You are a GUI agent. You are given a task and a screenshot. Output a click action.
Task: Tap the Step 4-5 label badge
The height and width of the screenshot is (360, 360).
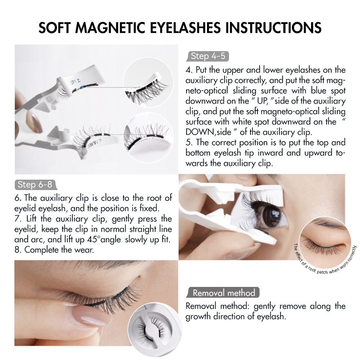point(207,56)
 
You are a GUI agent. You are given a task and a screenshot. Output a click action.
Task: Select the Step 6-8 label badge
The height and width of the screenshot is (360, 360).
point(36,185)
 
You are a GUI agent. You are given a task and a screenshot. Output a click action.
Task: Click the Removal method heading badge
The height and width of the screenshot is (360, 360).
point(223,292)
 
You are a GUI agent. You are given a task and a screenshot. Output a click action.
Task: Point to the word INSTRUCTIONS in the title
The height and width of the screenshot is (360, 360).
point(273,28)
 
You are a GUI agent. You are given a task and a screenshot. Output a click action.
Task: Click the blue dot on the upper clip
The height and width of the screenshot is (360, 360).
point(82,87)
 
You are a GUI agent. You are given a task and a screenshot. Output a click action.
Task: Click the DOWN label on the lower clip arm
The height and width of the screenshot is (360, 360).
point(94,143)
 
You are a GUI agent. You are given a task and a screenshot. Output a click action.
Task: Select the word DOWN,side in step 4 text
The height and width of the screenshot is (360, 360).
point(208,132)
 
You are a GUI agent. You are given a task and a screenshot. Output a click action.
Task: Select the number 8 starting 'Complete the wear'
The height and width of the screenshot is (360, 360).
point(18,250)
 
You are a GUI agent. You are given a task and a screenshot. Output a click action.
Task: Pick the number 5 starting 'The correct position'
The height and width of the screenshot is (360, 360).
point(189,143)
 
